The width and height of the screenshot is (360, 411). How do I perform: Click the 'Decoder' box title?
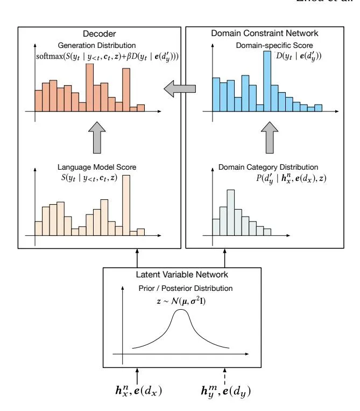click(99, 34)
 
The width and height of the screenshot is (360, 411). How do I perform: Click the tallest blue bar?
click(267, 81)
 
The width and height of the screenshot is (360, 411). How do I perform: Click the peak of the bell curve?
click(182, 311)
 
